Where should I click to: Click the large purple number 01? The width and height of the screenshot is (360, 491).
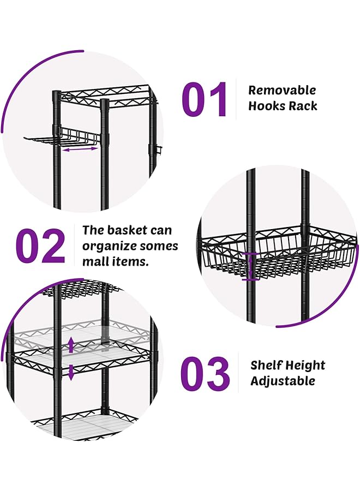pos(205,99)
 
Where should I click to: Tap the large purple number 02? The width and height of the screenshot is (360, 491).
pos(40,246)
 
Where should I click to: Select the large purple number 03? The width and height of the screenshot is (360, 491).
pos(205,374)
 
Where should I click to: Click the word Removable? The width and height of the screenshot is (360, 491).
pos(282,91)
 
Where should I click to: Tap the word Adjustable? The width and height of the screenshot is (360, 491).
pos(283,381)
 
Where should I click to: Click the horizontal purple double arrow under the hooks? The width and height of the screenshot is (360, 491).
pos(80,148)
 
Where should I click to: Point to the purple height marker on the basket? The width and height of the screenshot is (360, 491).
pos(250,266)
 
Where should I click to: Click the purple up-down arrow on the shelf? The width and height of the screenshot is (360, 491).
pos(71,358)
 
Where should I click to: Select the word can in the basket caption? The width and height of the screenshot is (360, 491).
pos(160,230)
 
